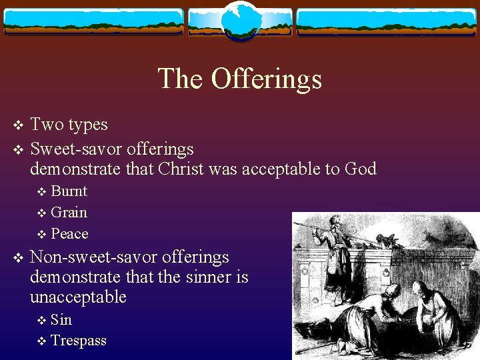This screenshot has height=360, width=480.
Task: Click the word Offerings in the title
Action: click(267, 79)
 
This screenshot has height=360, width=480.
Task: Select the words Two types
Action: click(69, 125)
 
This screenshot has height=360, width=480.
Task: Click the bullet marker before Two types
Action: click(19, 125)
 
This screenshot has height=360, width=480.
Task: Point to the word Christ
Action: click(181, 169)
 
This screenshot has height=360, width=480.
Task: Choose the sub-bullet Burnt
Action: click(69, 191)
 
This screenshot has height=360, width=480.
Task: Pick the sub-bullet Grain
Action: click(69, 213)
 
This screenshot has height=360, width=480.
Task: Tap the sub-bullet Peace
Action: click(70, 234)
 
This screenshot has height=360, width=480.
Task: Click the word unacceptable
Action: click(78, 297)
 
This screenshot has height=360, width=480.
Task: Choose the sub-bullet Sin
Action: click(61, 320)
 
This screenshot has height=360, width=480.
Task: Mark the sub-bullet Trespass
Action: click(79, 341)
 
